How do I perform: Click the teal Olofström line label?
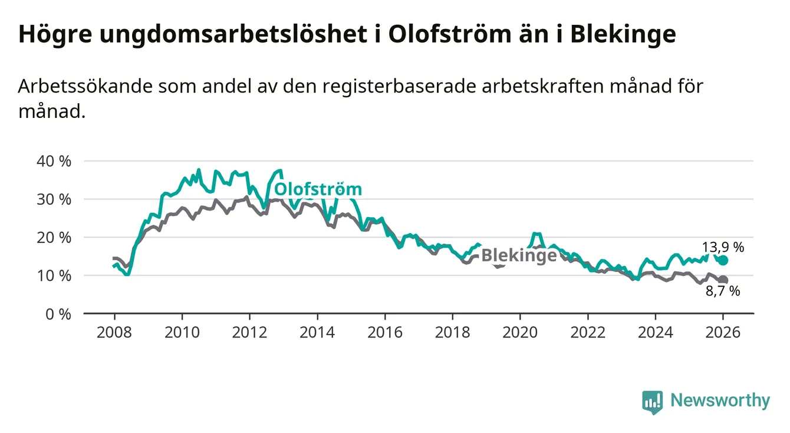tap(318, 189)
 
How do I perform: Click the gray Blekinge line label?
tap(519, 255)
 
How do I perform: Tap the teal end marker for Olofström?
tap(723, 260)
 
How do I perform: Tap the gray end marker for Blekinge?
tap(723, 280)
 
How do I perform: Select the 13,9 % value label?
tap(723, 247)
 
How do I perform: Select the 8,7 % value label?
tap(723, 291)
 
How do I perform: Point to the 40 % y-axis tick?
tap(54, 161)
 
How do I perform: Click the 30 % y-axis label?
tap(54, 199)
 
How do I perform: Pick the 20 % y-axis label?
tap(54, 238)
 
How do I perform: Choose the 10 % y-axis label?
tap(54, 275)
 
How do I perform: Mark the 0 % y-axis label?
tap(58, 314)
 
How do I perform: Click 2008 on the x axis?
tap(114, 332)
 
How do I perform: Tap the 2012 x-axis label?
tap(249, 332)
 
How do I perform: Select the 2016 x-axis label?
tap(384, 332)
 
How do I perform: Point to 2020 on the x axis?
tap(520, 332)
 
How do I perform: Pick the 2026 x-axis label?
tap(723, 332)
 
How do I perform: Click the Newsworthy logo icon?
tap(652, 402)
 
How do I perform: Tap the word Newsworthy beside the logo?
tap(720, 401)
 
